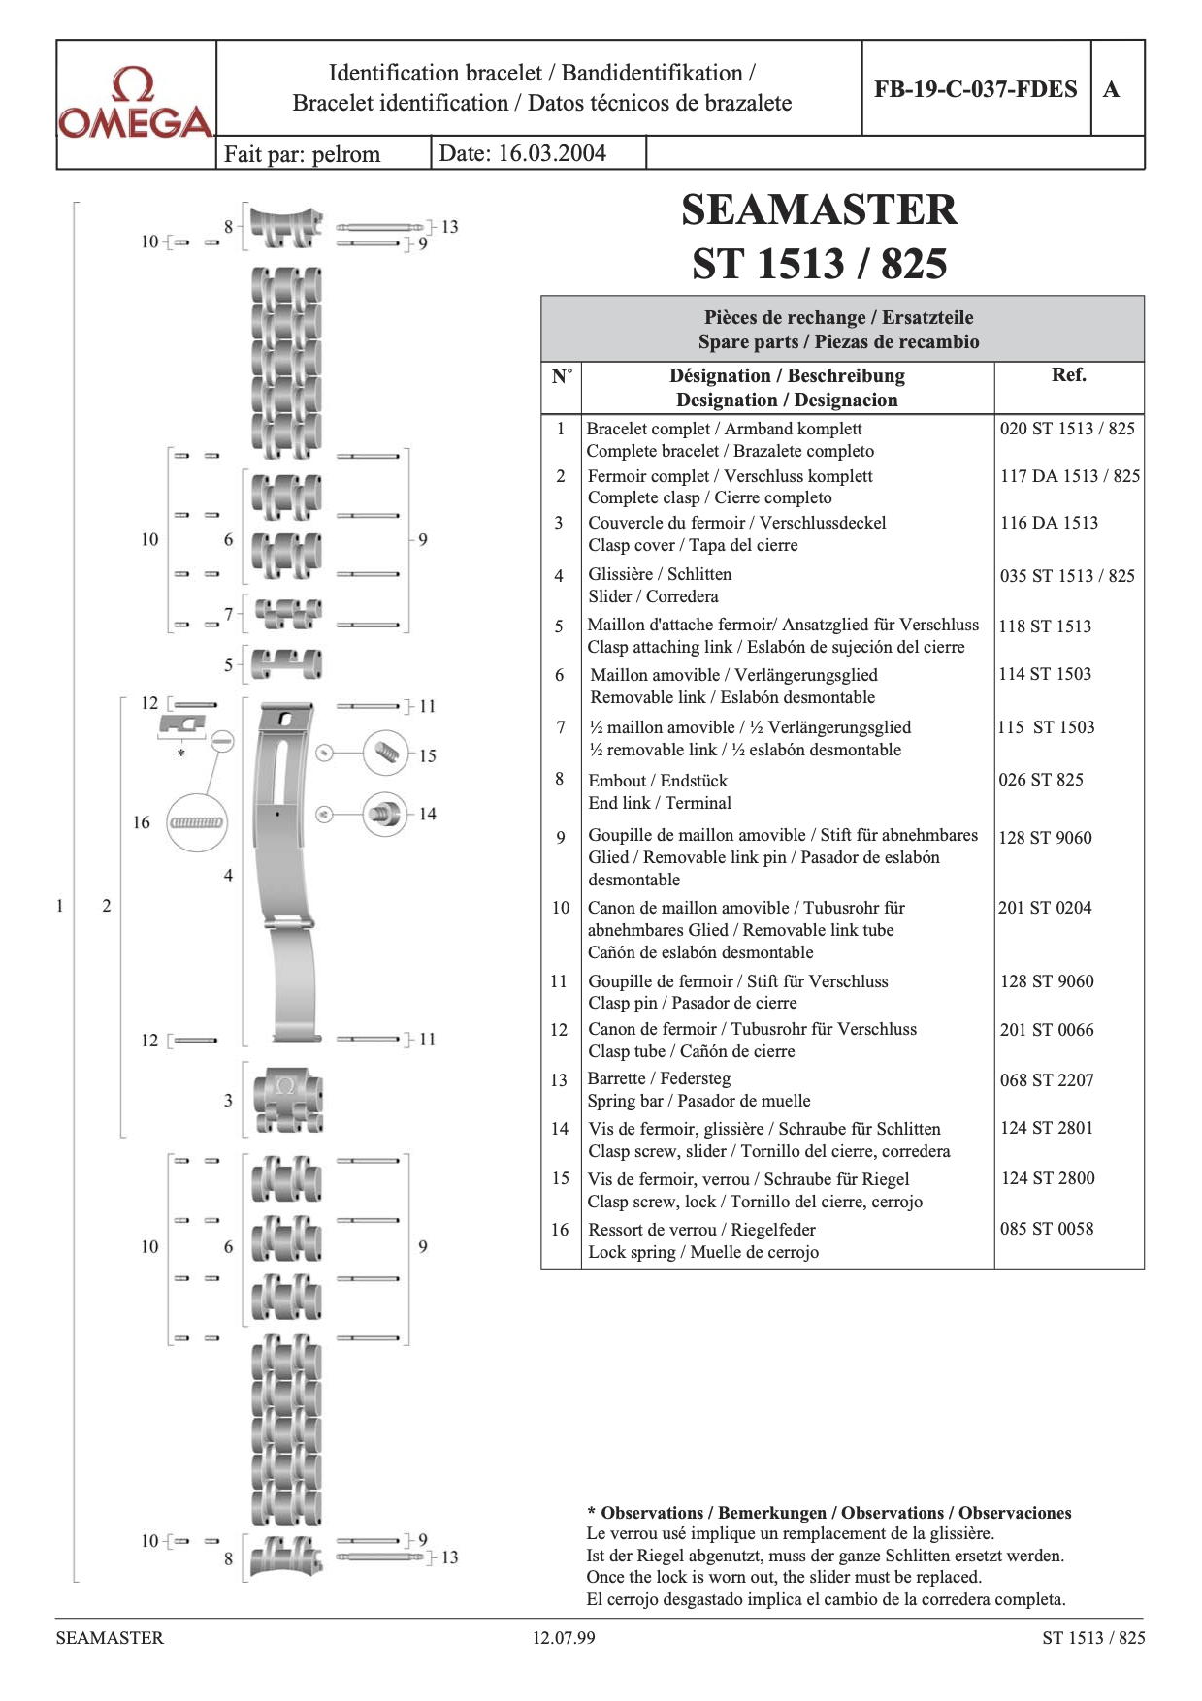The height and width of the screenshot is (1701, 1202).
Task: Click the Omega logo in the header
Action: (x=136, y=103)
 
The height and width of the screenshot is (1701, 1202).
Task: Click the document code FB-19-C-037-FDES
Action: (x=975, y=89)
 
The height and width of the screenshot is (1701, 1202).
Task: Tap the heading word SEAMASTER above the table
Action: (x=819, y=209)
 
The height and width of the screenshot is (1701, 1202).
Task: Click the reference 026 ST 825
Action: (x=1041, y=780)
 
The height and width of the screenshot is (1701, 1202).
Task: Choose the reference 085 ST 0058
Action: (x=1047, y=1229)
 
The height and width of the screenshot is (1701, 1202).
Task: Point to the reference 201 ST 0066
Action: (x=1047, y=1030)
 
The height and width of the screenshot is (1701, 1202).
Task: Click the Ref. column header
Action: (x=1068, y=375)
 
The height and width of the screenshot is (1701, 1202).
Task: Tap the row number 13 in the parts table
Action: (x=559, y=1079)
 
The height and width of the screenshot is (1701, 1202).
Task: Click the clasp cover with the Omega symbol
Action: (x=286, y=1100)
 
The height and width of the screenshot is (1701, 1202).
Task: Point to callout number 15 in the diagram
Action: (x=428, y=755)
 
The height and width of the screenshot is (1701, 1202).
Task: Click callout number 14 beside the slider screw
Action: (x=428, y=814)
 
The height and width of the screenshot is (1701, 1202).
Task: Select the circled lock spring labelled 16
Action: (x=197, y=823)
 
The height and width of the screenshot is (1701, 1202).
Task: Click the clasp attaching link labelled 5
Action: (x=286, y=664)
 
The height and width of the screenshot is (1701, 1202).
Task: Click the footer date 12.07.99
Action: (x=564, y=1638)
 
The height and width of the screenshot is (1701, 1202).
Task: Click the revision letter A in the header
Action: (x=1112, y=89)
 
